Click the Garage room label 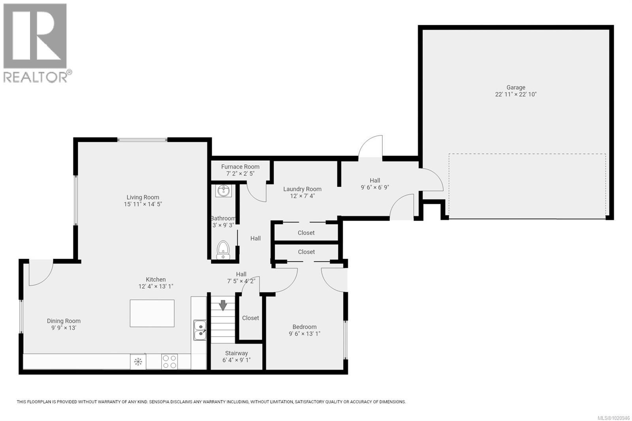[x=516, y=88]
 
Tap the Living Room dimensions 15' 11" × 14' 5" [x=143, y=204]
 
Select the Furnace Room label [x=240, y=167]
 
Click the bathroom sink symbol [x=223, y=191]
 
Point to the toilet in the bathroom [x=223, y=249]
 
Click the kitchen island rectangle [x=152, y=313]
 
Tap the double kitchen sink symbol [x=199, y=330]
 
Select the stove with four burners [x=169, y=361]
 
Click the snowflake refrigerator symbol [x=138, y=361]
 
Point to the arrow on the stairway [x=223, y=305]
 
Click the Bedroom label [x=304, y=327]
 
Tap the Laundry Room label [x=302, y=189]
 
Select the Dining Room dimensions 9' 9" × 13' [x=64, y=328]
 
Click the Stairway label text [x=237, y=353]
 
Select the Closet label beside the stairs [x=250, y=318]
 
